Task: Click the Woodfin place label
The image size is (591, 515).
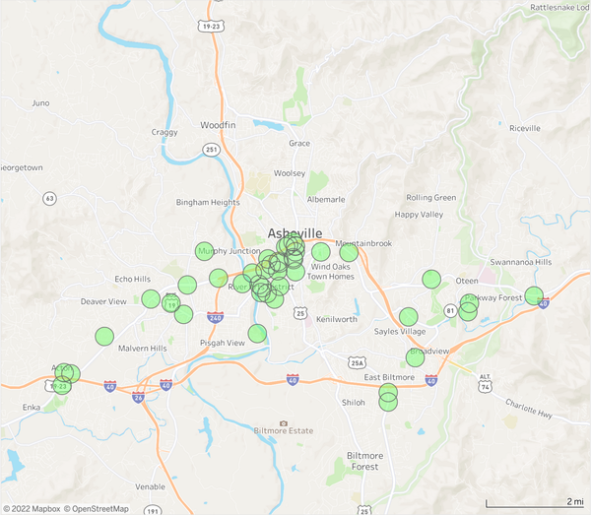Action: (218, 126)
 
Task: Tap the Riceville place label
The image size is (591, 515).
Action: (525, 128)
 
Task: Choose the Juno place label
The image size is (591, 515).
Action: (40, 102)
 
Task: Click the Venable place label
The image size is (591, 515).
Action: (151, 486)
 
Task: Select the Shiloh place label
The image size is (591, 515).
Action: (353, 402)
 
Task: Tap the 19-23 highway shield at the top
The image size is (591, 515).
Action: (210, 28)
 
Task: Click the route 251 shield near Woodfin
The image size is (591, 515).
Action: (212, 149)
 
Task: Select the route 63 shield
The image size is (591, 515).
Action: (49, 198)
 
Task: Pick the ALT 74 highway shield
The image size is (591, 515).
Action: (484, 381)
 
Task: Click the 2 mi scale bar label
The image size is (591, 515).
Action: (574, 502)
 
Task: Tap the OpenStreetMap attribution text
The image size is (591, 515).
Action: (97, 509)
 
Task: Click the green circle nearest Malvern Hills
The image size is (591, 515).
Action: (104, 337)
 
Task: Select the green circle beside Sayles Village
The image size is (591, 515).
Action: (408, 317)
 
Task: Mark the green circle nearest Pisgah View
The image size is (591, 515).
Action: (257, 333)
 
